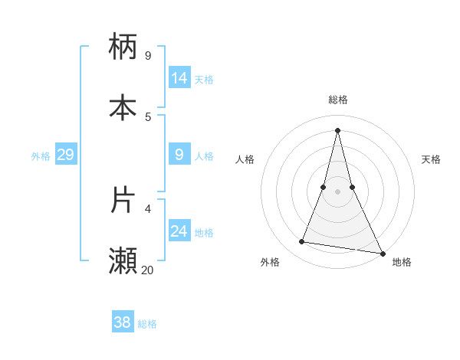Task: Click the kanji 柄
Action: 123,46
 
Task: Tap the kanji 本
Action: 123,107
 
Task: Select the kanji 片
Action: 123,199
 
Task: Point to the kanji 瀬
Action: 123,260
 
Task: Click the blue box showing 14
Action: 179,78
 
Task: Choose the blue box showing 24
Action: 179,231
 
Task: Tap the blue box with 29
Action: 65,155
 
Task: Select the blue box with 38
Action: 123,322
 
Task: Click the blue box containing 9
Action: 179,155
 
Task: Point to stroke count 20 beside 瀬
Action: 147,270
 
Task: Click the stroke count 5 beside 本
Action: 148,116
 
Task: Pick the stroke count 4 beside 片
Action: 148,208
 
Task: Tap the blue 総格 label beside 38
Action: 147,324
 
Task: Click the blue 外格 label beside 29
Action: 41,156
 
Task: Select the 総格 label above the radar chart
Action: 337,100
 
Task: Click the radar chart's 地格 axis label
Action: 402,262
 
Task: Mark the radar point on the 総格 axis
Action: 337,129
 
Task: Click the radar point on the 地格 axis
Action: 382,252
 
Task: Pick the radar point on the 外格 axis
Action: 301,242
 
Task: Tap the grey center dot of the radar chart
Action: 337,191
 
